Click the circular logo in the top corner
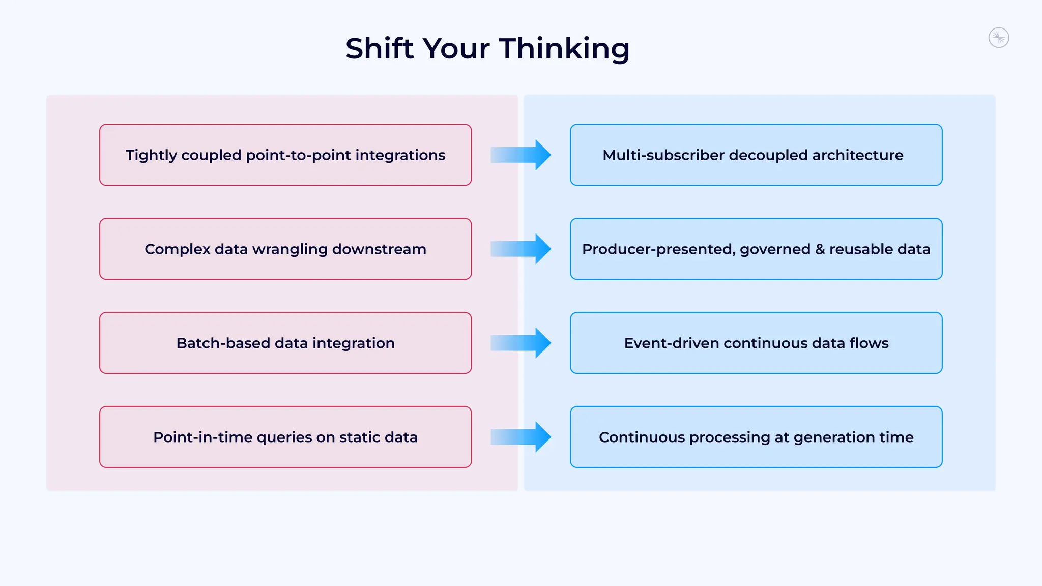click(x=998, y=38)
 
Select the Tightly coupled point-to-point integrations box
click(x=285, y=155)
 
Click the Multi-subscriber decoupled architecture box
click(x=756, y=155)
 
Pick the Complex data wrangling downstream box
click(x=285, y=249)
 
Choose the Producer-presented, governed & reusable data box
click(x=756, y=249)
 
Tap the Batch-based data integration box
click(x=285, y=343)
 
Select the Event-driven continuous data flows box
click(x=756, y=343)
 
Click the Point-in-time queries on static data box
click(x=285, y=437)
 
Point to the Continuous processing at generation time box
click(x=756, y=437)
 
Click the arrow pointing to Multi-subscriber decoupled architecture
click(x=521, y=155)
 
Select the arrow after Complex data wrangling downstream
click(x=521, y=249)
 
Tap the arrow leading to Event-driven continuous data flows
click(x=521, y=343)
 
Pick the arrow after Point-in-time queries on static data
click(x=521, y=437)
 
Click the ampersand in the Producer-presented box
click(x=820, y=249)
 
